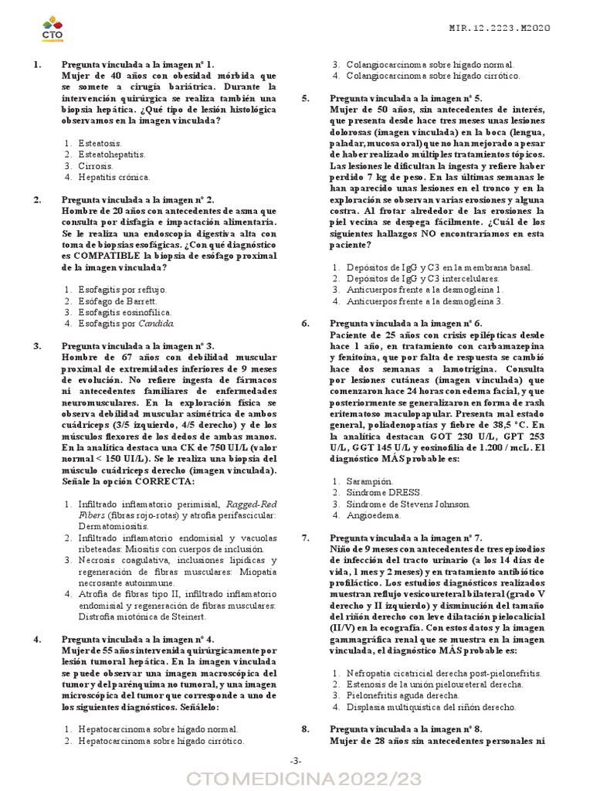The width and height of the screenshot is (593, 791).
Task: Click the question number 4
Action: [x=37, y=640]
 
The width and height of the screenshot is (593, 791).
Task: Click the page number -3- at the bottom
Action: [x=296, y=761]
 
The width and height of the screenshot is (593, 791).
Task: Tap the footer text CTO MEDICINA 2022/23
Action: [x=296, y=778]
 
